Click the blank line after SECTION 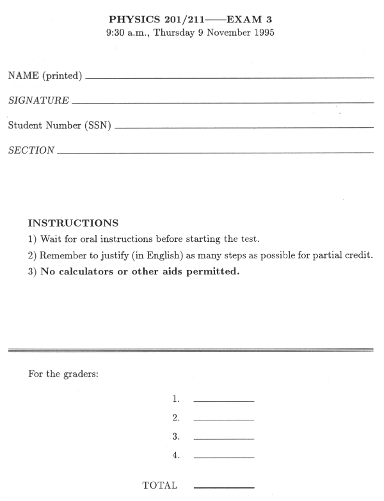coord(214,152)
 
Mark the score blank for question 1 coord(223,401)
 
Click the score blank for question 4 coord(223,458)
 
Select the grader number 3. coord(175,437)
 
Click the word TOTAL coord(160,486)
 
